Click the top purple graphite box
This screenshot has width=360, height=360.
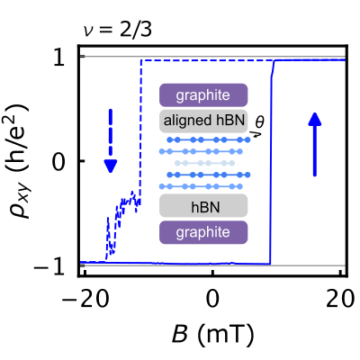click(x=202, y=94)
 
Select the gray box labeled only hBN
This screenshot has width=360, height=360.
click(x=202, y=206)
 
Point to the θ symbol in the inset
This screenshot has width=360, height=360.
click(x=260, y=120)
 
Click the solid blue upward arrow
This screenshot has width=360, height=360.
click(x=315, y=144)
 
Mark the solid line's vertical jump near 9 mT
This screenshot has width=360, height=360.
click(x=271, y=162)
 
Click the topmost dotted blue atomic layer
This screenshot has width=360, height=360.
click(x=202, y=140)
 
